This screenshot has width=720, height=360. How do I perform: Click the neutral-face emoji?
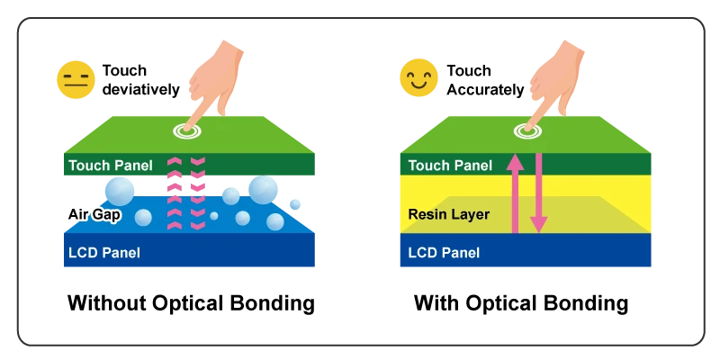(x=76, y=79)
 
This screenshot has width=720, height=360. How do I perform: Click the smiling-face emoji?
(x=418, y=77)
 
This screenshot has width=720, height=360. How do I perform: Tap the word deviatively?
(x=141, y=89)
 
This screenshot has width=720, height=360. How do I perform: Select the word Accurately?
(x=485, y=90)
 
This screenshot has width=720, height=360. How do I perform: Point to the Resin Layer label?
(x=448, y=214)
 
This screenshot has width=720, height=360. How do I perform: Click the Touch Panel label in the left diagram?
(x=110, y=166)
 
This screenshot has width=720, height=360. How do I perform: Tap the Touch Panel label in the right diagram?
(x=450, y=166)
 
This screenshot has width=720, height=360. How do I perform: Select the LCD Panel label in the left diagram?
(x=104, y=253)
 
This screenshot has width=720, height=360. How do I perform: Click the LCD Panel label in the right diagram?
(x=444, y=253)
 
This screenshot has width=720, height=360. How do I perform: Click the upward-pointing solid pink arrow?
(x=515, y=193)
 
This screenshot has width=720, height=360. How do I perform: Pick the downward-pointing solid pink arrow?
(x=538, y=193)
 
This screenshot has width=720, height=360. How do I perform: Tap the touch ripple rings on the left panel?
(x=187, y=131)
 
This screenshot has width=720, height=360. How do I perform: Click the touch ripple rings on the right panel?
(x=527, y=131)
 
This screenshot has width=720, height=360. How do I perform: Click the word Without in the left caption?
(x=106, y=303)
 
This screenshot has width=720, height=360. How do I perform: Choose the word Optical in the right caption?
(x=502, y=304)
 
